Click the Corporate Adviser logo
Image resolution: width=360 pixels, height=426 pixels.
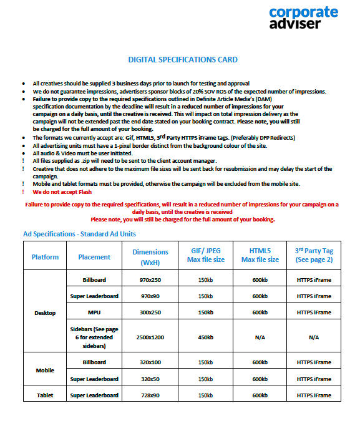click(303, 17)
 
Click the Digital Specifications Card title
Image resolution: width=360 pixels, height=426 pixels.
click(183, 60)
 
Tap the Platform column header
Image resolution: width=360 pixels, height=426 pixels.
click(46, 257)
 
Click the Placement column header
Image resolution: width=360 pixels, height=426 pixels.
click(94, 257)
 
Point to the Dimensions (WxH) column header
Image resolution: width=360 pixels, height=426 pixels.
click(150, 257)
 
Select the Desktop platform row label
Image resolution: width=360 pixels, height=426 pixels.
click(45, 313)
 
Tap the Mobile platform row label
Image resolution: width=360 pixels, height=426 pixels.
click(45, 370)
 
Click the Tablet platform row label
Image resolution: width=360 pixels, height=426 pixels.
click(45, 395)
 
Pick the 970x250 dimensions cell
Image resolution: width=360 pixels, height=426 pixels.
click(150, 280)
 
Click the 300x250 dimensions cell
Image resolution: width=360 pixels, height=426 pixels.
click(150, 312)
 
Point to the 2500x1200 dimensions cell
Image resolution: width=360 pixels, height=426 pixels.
click(150, 337)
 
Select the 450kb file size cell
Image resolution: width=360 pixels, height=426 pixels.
click(206, 337)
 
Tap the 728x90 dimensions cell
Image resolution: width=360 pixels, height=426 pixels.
click(150, 395)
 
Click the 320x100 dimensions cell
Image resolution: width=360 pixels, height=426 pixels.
click(150, 362)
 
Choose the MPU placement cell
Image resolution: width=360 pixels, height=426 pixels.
click(94, 312)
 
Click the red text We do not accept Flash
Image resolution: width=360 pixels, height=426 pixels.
click(59, 193)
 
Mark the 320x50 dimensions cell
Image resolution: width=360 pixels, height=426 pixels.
click(150, 379)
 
